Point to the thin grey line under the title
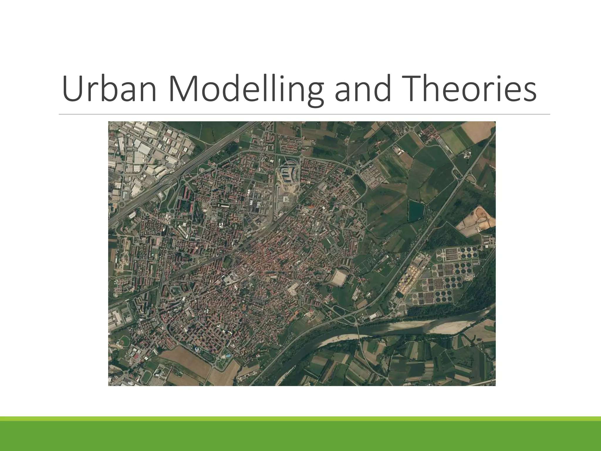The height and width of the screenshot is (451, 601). point(304,114)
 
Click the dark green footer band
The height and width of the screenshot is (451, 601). point(300,437)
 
